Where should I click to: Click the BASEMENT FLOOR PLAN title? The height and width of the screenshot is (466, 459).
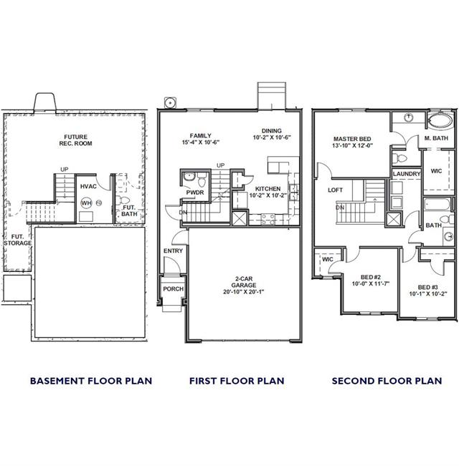point(91,381)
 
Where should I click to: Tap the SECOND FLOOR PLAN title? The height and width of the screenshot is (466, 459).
point(387,381)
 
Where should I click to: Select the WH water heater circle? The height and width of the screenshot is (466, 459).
point(86,203)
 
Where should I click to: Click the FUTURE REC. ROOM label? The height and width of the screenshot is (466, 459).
point(75,140)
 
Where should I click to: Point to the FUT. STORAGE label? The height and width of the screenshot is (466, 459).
point(17,240)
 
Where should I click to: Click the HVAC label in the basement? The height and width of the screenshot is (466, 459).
point(88,186)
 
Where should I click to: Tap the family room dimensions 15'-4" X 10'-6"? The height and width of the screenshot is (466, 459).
point(201,142)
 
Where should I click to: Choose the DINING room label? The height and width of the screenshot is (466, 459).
point(272,131)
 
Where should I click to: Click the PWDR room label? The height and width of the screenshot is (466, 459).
point(195,193)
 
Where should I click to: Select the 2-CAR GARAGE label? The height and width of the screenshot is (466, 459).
point(244,282)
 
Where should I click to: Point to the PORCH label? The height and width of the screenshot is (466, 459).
point(174,289)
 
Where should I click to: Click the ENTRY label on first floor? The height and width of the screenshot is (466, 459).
point(173,251)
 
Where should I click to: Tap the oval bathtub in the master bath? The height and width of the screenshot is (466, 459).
point(440,121)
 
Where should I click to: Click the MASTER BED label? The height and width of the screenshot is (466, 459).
point(352,139)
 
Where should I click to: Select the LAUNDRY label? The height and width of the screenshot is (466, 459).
point(407,174)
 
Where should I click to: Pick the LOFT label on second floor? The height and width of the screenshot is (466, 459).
point(335,190)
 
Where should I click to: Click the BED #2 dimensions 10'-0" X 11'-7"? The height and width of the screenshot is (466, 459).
point(371,283)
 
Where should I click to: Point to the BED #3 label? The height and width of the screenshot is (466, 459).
point(428,287)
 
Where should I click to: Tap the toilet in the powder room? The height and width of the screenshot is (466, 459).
point(202,180)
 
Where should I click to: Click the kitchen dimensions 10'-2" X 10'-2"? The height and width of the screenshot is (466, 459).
point(268,195)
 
